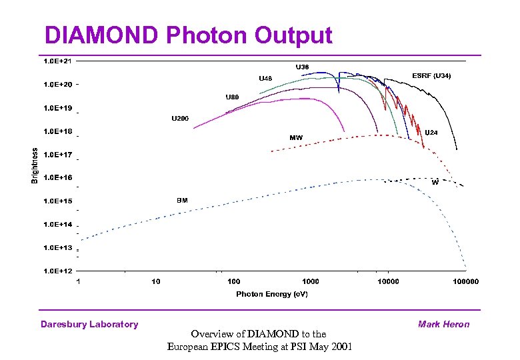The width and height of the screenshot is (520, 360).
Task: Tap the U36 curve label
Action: (x=302, y=67)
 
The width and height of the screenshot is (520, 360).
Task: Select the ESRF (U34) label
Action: (x=432, y=76)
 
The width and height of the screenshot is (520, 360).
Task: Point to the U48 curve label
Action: (x=265, y=79)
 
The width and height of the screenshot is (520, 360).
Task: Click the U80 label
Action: (x=232, y=97)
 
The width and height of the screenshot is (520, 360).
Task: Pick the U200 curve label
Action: (x=180, y=119)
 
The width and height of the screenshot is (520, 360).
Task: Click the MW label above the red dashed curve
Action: (x=296, y=138)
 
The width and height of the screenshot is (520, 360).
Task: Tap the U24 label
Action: (x=431, y=132)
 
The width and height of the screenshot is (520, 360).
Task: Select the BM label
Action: (x=182, y=199)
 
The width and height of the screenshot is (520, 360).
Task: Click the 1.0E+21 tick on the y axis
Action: (x=58, y=61)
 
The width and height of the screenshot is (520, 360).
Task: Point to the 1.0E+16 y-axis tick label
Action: (x=58, y=177)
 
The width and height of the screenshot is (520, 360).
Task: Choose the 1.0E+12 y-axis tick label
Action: (x=58, y=271)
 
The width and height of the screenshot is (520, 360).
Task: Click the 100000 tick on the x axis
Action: (x=465, y=281)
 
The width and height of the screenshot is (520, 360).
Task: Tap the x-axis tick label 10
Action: (x=156, y=281)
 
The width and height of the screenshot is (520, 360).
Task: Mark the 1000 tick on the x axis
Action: (x=311, y=281)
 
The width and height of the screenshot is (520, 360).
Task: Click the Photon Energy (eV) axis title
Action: (x=272, y=294)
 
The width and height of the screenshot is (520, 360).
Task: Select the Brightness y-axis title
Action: (x=35, y=165)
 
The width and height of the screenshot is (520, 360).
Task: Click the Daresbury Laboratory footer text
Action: (x=89, y=325)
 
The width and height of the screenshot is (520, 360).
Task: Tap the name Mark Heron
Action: (x=443, y=325)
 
